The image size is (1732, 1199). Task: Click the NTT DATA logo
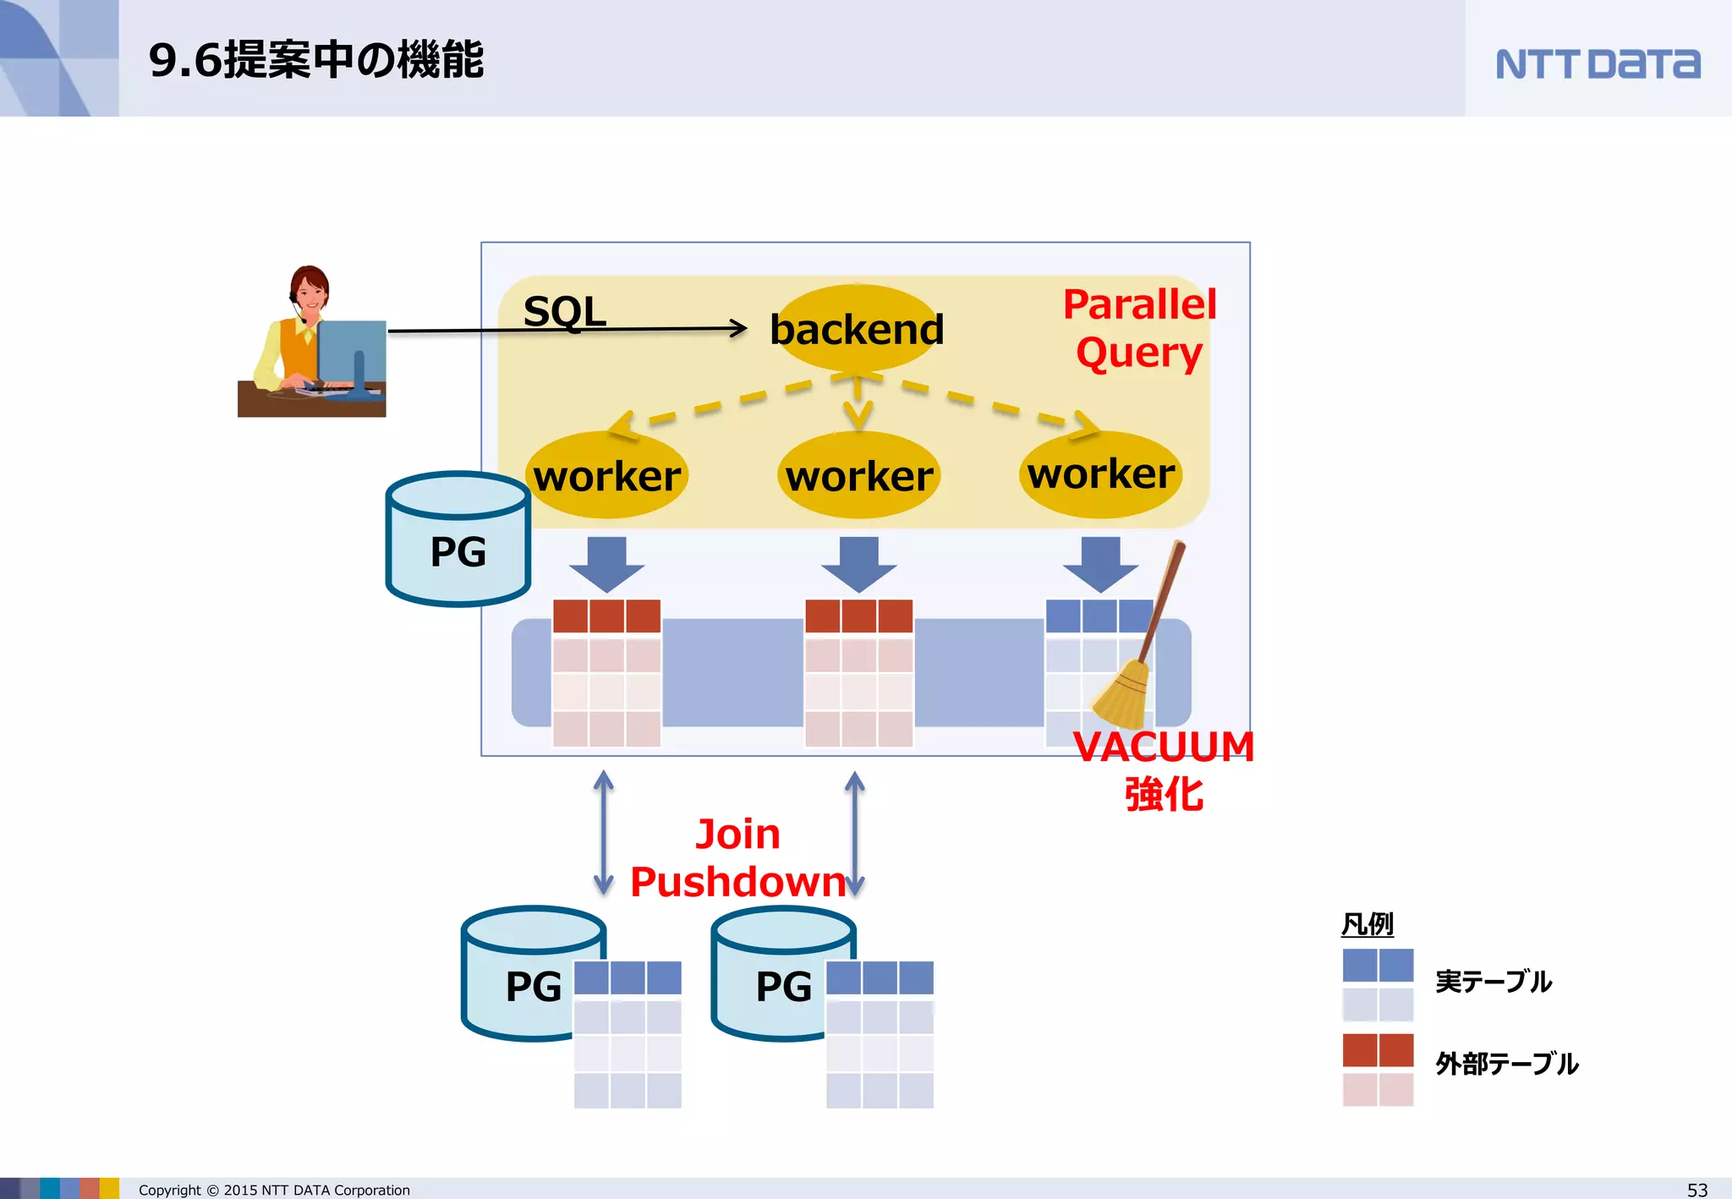[x=1597, y=64]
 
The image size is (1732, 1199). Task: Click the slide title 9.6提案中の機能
[x=315, y=60]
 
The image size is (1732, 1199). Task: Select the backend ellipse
[x=857, y=329]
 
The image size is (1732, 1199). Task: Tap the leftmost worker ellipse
[x=607, y=475]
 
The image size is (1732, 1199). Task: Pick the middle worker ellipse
[x=859, y=475]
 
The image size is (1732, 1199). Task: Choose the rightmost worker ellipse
[x=1101, y=474]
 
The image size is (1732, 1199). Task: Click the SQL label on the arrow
[x=564, y=311]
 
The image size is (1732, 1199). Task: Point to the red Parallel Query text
[x=1138, y=328]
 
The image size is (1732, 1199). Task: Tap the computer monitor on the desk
[x=353, y=351]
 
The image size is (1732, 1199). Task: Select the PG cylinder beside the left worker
[x=458, y=541]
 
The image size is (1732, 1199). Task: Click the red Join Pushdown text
[x=737, y=857]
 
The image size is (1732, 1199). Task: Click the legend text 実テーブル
[x=1493, y=982]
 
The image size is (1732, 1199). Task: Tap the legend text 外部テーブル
[x=1506, y=1064]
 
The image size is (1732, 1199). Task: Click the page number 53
[x=1696, y=1190]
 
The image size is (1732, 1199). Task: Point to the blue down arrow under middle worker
[x=859, y=563]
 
